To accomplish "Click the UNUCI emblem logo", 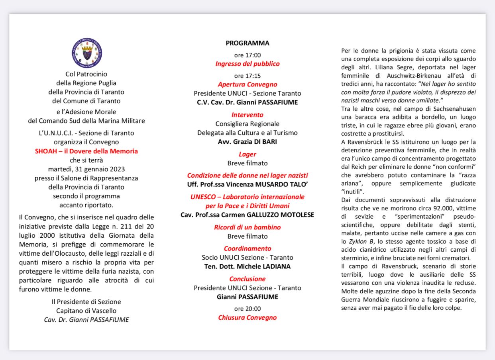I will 86,54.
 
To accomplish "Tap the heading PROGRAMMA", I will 247,43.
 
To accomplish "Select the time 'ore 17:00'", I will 247,55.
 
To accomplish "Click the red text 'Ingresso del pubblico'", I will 247,64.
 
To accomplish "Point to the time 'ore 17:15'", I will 247,76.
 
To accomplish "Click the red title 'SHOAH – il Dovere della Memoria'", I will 86,151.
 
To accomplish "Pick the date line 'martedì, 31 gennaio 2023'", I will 86,169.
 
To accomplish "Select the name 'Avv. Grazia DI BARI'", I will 247,141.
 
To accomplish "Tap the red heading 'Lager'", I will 247,154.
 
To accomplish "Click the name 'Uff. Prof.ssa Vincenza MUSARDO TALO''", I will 247,185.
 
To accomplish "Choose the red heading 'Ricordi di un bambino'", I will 247,227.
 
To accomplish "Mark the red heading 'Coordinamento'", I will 247,248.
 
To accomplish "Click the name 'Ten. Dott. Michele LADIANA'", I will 247,266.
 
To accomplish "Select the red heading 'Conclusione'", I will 247,279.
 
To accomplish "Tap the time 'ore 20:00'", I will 247,309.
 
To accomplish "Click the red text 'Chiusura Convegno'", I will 247,317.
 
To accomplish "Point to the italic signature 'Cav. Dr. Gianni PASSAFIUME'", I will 86,319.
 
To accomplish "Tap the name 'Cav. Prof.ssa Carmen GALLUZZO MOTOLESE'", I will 247,215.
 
